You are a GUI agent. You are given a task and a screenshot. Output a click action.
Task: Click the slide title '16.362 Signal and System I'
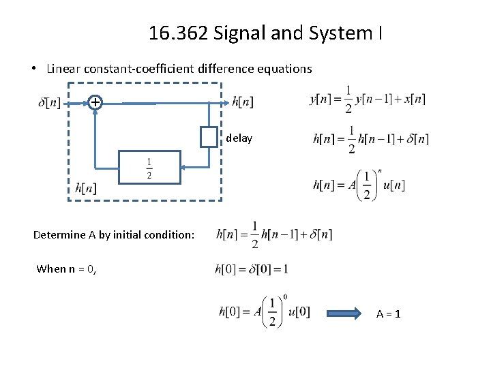265,32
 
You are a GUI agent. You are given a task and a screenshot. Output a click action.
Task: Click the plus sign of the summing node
95,102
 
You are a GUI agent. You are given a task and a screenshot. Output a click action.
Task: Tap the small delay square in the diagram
209,137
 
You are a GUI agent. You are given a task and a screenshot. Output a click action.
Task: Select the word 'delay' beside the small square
239,138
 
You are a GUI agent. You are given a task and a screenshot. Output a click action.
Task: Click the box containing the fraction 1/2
149,168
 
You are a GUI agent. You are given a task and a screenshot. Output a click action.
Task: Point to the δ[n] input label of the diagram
50,103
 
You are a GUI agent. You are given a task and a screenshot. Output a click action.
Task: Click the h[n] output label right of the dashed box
243,102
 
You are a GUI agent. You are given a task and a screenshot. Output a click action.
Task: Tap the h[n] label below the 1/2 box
85,188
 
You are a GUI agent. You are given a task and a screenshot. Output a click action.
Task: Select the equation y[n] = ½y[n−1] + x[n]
368,99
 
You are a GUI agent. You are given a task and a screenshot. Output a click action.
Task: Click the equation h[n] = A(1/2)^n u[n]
359,185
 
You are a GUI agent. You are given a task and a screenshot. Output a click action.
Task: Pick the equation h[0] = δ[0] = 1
252,269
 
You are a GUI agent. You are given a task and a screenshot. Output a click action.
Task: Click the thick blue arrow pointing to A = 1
346,313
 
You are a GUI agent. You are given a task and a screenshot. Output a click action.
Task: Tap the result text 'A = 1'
388,314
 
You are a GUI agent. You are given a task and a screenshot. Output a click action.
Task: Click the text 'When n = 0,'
66,269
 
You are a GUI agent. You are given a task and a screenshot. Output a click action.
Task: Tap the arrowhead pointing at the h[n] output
225,103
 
